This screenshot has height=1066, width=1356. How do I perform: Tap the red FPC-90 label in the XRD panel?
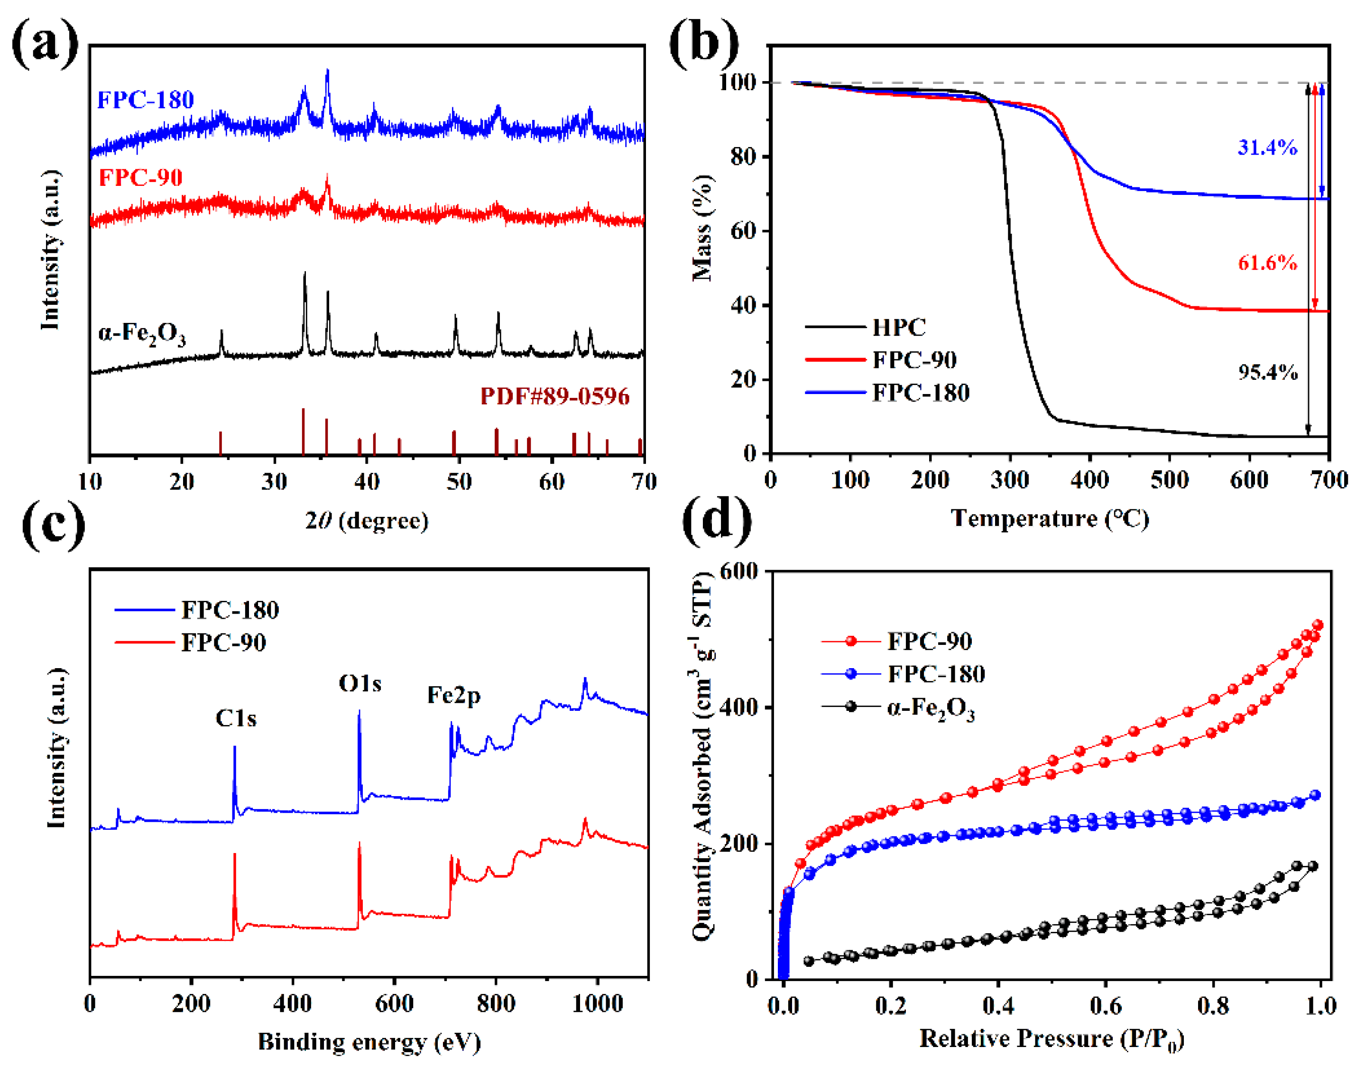coord(140,178)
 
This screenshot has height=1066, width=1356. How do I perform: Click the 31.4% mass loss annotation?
coord(1267,148)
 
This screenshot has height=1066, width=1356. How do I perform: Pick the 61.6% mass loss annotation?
coord(1267,263)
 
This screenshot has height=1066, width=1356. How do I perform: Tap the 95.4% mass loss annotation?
coord(1267,373)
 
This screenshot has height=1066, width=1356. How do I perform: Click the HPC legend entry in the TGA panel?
coord(898,327)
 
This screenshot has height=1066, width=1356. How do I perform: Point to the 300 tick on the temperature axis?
coord(1009,480)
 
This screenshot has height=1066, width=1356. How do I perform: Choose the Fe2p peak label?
coord(453,695)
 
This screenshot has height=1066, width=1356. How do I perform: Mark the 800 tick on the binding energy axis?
coord(496,1003)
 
